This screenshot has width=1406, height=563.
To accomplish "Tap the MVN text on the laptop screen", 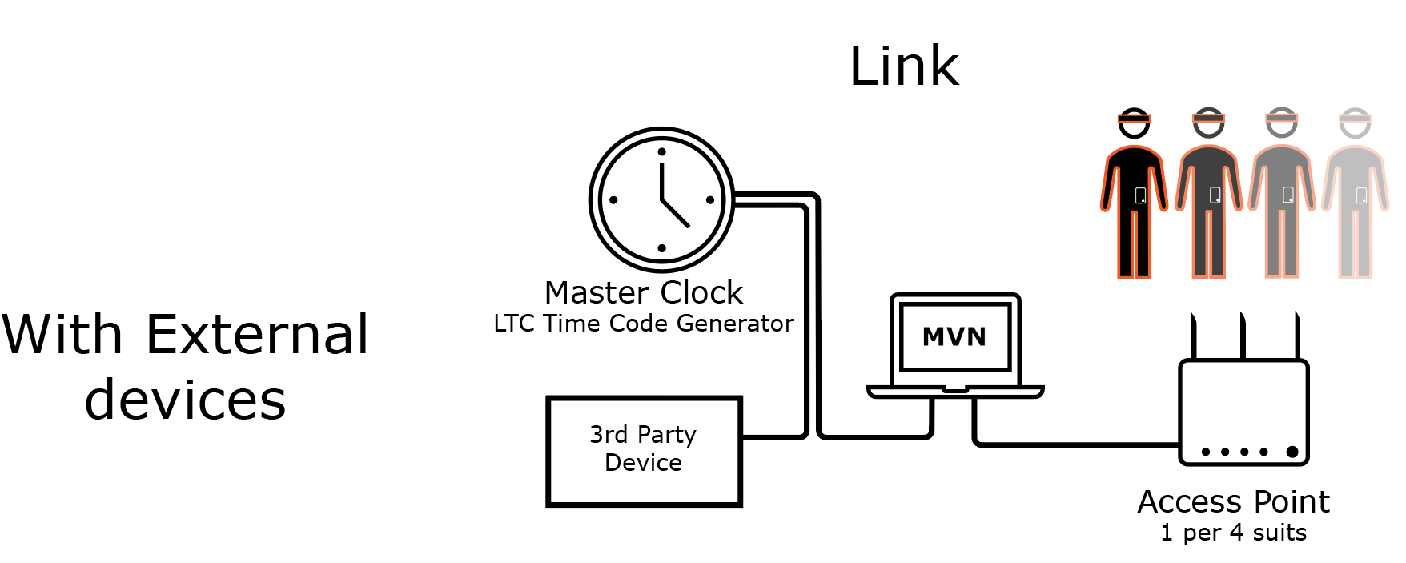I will pos(954,337).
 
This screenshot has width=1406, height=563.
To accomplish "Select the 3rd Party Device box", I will pos(644,451).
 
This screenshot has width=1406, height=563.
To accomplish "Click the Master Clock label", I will pos(644,292).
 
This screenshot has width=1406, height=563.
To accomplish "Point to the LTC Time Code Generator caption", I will pos(644,324).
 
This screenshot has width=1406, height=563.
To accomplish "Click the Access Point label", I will pos(1233,502).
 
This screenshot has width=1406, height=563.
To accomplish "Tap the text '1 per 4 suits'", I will pos(1233,533).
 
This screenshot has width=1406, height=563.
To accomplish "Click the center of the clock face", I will pos(661,199).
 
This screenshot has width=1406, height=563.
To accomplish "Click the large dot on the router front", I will pos(1292,452).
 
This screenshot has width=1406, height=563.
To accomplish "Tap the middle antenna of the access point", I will pos(1243,336).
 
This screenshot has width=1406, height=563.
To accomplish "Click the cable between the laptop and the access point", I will pos(1073,444).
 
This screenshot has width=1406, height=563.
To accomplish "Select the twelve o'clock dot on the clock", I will pos(661,151).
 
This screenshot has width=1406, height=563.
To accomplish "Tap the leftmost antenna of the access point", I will pos(1193,336).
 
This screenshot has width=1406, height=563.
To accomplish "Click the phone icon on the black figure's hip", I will pos(1141,195).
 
